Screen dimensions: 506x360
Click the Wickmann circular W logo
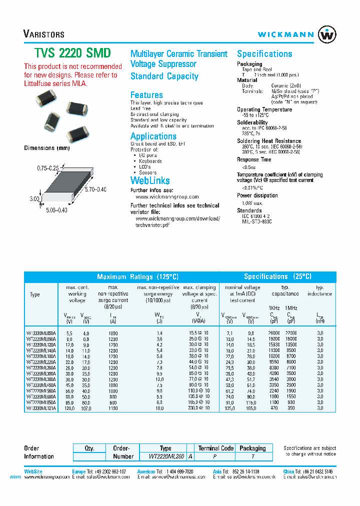point(327,34)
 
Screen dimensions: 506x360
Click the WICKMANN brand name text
point(286,34)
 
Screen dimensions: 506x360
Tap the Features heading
point(146,95)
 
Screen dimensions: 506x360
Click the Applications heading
point(153,136)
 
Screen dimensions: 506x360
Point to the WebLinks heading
point(150,181)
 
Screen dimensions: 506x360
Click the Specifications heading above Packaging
point(264,54)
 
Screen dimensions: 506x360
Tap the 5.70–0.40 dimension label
point(95,189)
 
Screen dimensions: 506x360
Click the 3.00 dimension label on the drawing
point(34,199)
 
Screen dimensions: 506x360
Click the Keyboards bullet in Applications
point(150,161)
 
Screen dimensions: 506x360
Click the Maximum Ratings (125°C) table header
point(137,276)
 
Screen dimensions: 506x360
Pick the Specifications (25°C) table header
point(277,276)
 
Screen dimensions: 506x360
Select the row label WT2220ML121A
point(41,408)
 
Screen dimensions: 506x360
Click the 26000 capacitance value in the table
point(274,332)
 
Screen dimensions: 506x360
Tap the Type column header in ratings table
point(35,294)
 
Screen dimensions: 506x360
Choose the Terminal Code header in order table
point(215,448)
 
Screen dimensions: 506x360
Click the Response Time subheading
point(254,159)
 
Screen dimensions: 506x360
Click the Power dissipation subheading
point(257,195)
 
